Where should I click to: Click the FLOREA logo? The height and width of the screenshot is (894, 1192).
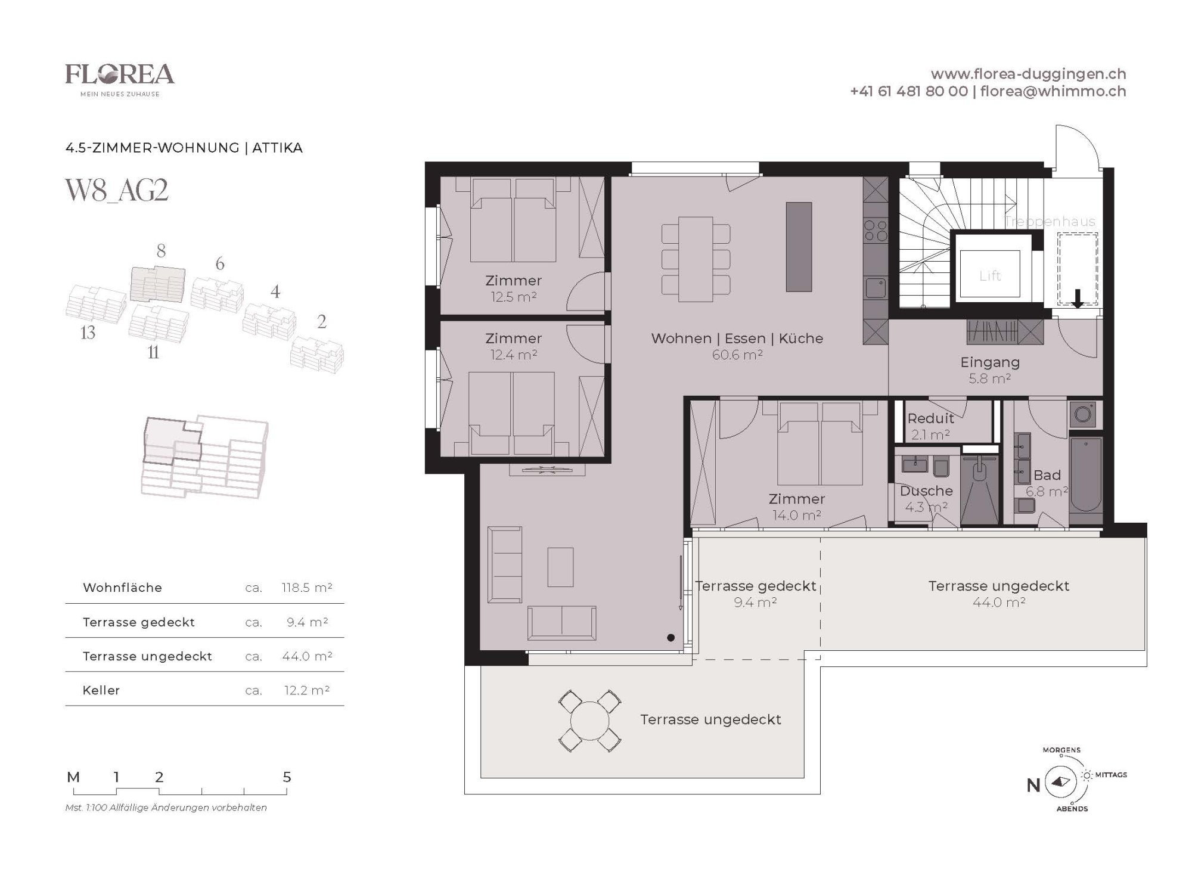coord(120,80)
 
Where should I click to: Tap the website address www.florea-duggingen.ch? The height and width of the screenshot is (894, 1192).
coord(1028,74)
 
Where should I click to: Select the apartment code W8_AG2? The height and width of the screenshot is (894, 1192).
coord(117,190)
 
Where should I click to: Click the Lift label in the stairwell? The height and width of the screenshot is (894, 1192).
coord(990,276)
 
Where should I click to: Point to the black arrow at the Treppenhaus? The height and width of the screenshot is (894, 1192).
coord(1078,299)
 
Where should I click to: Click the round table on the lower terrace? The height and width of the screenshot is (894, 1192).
coord(589,721)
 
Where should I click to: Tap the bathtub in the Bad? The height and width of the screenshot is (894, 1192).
coord(1086,474)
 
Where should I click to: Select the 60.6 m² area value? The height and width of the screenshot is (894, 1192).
coord(737,355)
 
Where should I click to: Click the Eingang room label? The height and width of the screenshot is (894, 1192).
coord(990,362)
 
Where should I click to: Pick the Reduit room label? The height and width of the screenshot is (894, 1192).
coord(930,418)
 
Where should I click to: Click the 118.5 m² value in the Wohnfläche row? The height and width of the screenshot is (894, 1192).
coord(307,588)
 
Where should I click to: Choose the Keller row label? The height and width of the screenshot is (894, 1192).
coord(101,690)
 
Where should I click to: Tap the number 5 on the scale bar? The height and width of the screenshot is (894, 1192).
coord(287,777)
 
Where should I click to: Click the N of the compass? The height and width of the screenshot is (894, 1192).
coord(1033,786)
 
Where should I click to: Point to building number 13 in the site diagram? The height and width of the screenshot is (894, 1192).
coord(88,333)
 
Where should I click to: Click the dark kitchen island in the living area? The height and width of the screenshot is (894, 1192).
coord(799,247)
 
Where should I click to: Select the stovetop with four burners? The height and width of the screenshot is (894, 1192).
coord(876,231)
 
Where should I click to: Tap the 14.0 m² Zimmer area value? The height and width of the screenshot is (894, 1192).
coord(797,516)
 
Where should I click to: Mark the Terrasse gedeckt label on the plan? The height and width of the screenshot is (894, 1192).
coord(756,586)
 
